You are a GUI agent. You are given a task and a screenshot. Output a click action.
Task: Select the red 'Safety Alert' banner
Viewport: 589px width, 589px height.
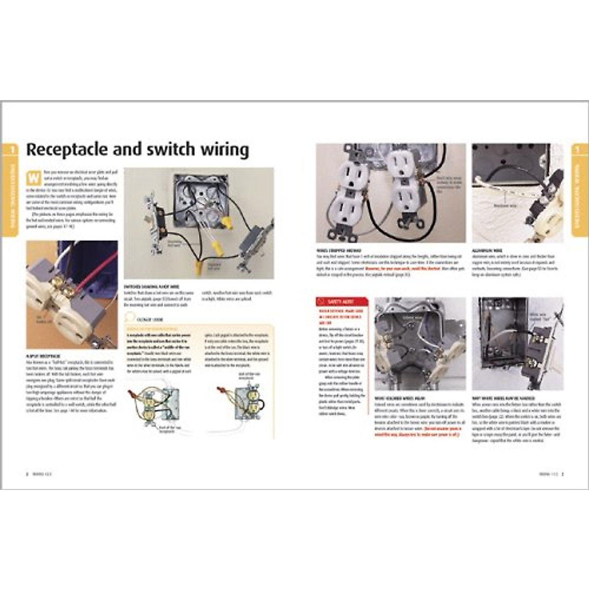tap(341, 301)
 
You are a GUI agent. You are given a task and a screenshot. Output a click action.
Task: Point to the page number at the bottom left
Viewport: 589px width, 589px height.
tap(27, 474)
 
